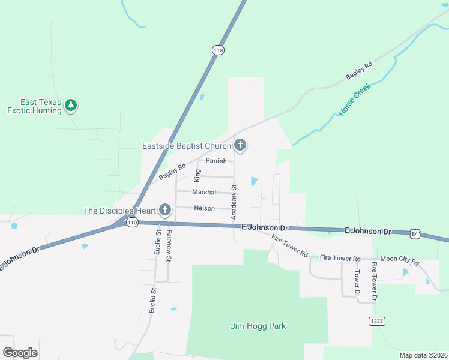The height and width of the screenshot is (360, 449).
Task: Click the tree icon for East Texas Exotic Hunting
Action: [x=71, y=106]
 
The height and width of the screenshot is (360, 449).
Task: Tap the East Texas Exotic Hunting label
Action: [x=34, y=106]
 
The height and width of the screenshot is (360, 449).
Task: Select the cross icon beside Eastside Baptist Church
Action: [x=240, y=145]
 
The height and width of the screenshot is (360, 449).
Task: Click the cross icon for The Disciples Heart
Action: [x=165, y=210]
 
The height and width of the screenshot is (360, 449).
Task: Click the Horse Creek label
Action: [x=355, y=100]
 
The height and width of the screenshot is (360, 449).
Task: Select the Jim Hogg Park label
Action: [x=258, y=326]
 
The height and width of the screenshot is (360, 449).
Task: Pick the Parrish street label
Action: [x=216, y=161]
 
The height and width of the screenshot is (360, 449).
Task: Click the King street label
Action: [x=197, y=175]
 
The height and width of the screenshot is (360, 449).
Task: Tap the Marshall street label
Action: [x=205, y=192]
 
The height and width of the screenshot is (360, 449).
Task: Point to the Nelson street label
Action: [x=204, y=208]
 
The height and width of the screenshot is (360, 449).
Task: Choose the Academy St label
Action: [x=234, y=202]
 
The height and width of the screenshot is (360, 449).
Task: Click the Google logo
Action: [x=20, y=353]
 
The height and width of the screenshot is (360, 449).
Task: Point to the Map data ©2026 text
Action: [x=423, y=355]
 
